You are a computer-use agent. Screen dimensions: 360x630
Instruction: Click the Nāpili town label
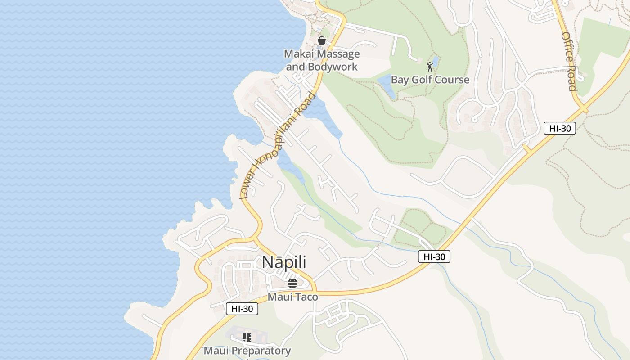(284, 262)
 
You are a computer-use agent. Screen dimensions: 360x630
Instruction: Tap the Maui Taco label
(292, 297)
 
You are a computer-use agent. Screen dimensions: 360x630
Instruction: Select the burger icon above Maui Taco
(292, 283)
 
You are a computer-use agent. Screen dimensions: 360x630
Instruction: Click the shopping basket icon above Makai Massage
(322, 40)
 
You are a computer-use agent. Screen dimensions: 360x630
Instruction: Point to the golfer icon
(430, 67)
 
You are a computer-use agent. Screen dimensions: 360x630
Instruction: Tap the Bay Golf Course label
(430, 80)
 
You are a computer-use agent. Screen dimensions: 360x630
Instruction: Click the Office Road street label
(569, 61)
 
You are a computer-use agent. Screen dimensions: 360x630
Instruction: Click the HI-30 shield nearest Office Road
(560, 128)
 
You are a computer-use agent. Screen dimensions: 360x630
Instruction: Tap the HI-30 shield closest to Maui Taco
(242, 309)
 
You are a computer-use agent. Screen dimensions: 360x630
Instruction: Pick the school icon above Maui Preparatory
(247, 337)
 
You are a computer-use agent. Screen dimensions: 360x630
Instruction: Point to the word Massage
(339, 54)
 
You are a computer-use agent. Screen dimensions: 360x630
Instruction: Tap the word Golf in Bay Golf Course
(420, 80)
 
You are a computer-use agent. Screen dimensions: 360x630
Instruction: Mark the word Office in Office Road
(567, 47)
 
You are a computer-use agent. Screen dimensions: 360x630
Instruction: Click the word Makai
(299, 54)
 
